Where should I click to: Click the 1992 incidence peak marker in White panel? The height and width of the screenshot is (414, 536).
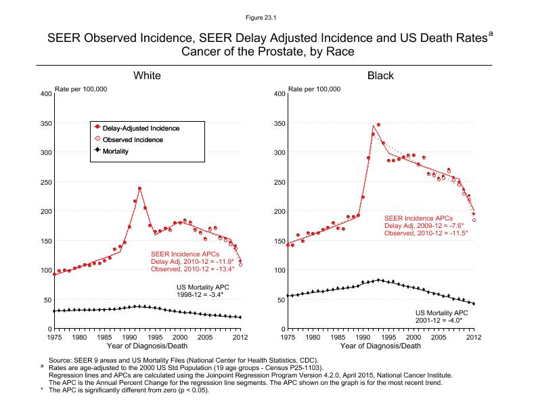click(139, 188)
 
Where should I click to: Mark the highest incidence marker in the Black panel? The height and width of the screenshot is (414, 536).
click(378, 125)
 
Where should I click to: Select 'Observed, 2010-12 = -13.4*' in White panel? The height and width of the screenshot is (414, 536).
click(192, 269)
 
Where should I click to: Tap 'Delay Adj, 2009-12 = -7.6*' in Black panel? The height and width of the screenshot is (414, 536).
click(424, 225)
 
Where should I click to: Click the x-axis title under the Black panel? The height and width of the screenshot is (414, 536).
click(380, 346)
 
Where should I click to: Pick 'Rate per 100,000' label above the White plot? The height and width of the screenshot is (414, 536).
click(81, 89)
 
